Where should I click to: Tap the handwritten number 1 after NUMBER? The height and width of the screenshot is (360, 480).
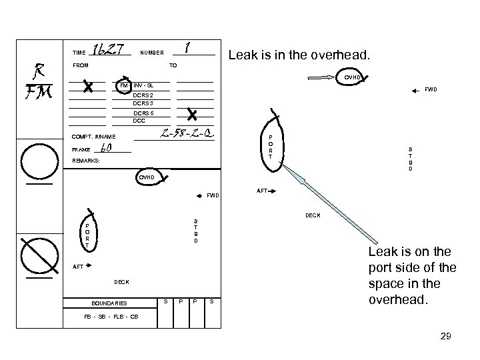tap(189, 48)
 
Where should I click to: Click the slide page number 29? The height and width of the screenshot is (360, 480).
tap(445, 337)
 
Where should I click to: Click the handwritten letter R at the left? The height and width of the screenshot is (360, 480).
tap(38, 69)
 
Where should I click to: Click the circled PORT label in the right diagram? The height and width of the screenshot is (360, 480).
tap(271, 147)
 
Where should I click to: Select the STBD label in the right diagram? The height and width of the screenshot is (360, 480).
tap(410, 159)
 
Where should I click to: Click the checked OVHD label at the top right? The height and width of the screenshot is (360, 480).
tap(352, 77)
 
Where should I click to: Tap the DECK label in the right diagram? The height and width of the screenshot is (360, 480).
tap(313, 215)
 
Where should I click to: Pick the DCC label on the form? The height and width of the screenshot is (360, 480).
tap(139, 121)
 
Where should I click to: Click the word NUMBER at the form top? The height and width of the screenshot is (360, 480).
tap(151, 52)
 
